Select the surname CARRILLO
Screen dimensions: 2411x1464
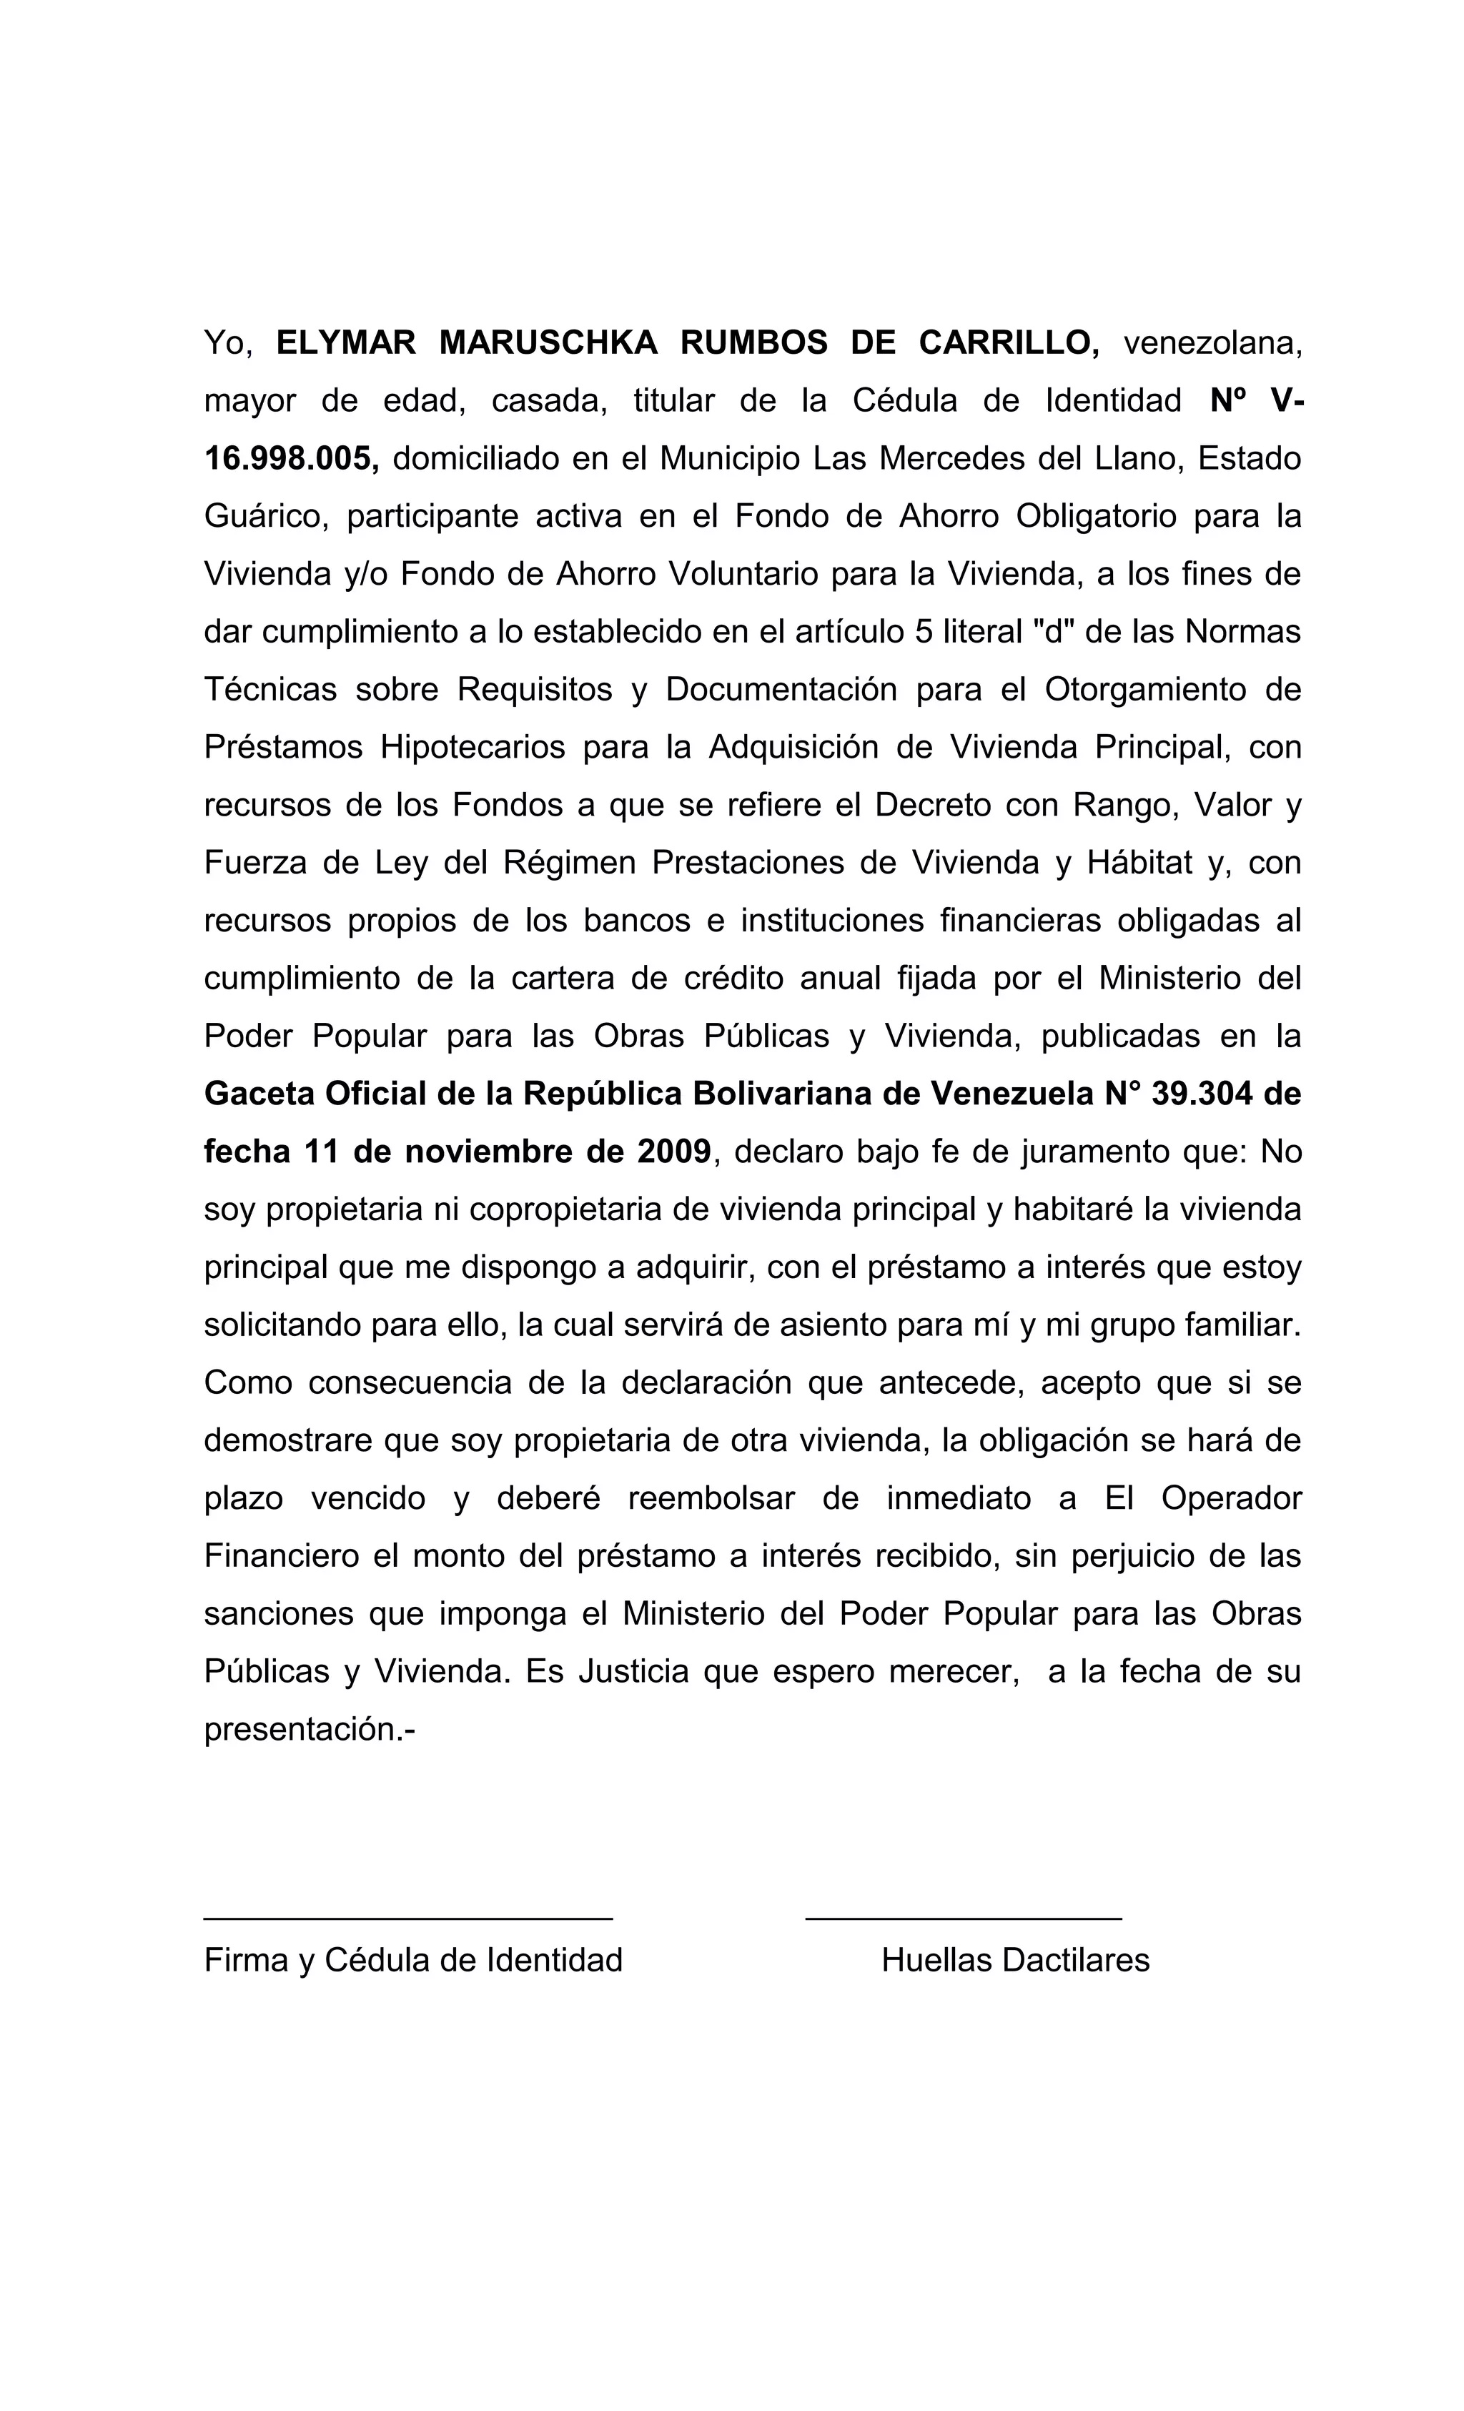1009,342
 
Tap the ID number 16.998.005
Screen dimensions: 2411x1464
291,458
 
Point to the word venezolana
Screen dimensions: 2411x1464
1212,342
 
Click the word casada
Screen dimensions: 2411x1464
549,400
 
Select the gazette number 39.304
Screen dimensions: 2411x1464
1202,1093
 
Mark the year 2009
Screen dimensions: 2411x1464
674,1151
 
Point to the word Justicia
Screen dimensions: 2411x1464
634,1670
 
